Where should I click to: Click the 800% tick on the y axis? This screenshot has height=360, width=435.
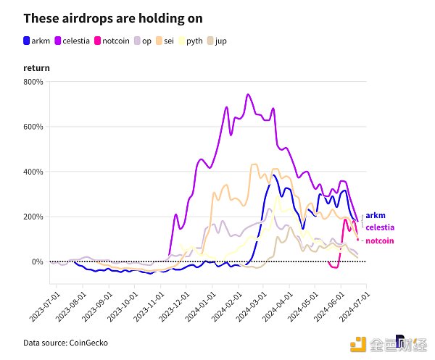coord(33,82)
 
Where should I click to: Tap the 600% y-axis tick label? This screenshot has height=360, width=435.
coord(33,127)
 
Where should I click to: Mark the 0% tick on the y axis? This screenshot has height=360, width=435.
coord(36,261)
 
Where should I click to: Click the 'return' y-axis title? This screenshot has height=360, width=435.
coord(36,67)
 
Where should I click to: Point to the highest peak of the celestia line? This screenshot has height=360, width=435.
coord(248,94)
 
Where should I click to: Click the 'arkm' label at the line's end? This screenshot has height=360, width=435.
coord(375,215)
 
